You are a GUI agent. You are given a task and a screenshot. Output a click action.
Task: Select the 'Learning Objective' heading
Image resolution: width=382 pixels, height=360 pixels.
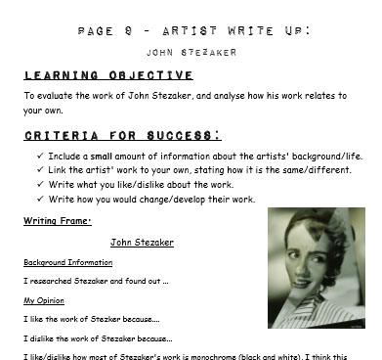[x=107, y=75]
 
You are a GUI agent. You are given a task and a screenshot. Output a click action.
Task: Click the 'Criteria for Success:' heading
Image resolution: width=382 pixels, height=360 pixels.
[x=122, y=134]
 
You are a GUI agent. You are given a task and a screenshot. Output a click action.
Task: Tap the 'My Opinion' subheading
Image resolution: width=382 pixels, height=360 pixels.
[x=45, y=301]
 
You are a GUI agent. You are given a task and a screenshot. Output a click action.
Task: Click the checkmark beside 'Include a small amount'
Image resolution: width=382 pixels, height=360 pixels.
[x=38, y=156]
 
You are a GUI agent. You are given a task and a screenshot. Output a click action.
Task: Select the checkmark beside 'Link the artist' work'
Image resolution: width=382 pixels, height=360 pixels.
[x=38, y=170]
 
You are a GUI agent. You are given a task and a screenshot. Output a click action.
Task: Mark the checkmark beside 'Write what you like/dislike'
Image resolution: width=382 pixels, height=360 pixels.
[x=38, y=185]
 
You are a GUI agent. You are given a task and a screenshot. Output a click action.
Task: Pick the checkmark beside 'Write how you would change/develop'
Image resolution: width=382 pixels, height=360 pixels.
[x=38, y=200]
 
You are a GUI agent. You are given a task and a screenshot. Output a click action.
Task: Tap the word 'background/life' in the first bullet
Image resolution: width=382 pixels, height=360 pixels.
[x=328, y=156]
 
